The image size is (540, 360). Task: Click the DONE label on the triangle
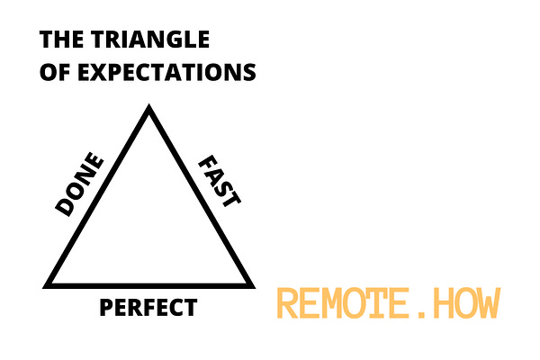coord(80,185)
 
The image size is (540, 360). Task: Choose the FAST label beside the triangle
coord(219,181)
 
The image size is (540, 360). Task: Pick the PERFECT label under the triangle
coord(148,308)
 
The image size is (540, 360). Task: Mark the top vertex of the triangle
coord(149,110)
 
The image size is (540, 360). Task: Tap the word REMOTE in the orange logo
coord(341,303)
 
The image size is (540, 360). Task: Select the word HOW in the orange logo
coord(464,303)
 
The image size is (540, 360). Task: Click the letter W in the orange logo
coord(487,303)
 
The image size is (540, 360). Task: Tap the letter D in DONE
coord(66,206)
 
